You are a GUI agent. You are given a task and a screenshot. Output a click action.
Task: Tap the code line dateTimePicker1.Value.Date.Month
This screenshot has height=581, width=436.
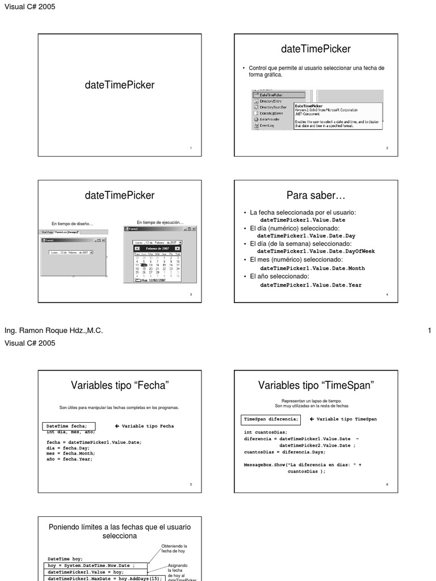[312, 268]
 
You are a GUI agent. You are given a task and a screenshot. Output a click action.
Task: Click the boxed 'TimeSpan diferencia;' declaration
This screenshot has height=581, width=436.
[271, 419]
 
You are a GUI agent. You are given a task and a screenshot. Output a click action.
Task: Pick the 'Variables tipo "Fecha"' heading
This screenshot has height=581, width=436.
[120, 386]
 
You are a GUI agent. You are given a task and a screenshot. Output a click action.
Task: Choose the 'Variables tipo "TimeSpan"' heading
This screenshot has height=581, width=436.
[316, 386]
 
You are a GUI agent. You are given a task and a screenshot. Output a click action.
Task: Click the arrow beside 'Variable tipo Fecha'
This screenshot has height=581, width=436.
[117, 426]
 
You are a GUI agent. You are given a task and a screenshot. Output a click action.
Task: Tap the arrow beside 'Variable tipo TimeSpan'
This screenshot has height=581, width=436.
[312, 419]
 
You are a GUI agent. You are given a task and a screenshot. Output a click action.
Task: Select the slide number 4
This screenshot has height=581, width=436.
[387, 295]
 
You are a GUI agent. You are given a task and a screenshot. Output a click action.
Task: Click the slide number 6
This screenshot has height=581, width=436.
[387, 485]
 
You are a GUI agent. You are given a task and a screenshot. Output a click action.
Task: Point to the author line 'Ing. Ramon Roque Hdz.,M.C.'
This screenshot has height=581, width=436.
[54, 331]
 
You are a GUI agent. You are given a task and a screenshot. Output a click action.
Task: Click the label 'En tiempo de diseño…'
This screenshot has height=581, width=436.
[72, 224]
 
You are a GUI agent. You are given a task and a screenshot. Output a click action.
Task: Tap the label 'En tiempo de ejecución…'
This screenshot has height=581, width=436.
[160, 222]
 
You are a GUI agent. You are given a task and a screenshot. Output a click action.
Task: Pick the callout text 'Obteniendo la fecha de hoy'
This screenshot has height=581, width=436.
[174, 549]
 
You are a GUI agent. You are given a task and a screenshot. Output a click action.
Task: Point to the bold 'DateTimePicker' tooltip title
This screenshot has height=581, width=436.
[309, 106]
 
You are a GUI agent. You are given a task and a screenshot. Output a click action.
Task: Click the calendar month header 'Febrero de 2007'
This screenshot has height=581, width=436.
[157, 249]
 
